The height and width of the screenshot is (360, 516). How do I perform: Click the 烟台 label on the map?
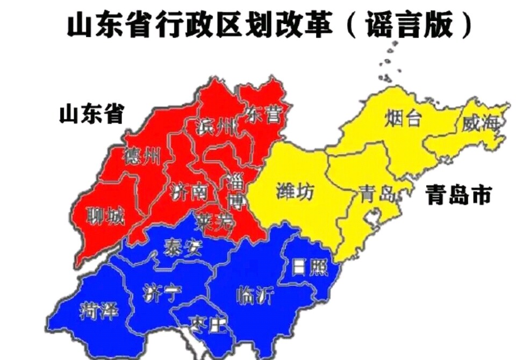pyautogui.click(x=403, y=119)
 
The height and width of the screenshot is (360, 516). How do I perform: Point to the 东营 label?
pyautogui.click(x=262, y=113)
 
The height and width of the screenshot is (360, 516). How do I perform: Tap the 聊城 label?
pyautogui.click(x=105, y=217)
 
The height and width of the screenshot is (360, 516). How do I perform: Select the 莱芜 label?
pyautogui.click(x=214, y=220)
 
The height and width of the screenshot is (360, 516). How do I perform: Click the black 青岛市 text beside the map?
pyautogui.click(x=458, y=196)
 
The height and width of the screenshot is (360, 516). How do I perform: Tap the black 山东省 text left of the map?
pyautogui.click(x=91, y=113)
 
